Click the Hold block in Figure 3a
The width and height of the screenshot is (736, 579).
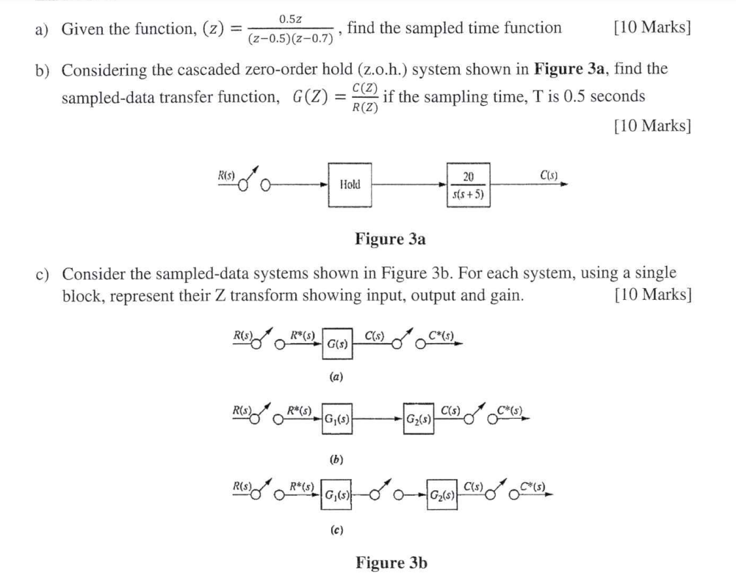(x=350, y=184)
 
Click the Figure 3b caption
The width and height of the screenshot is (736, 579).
(x=391, y=563)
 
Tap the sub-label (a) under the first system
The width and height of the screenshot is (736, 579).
(x=334, y=378)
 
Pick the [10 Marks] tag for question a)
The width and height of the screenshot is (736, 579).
(x=651, y=28)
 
